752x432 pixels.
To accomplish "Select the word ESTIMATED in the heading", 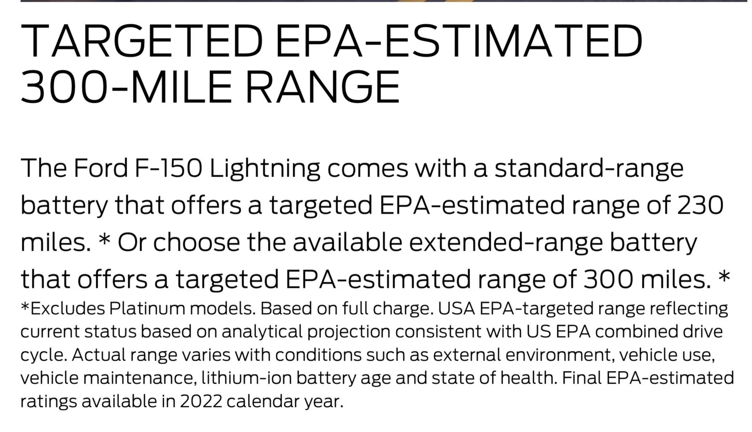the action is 513,41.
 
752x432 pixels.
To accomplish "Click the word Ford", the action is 101,168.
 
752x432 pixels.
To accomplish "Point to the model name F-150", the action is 169,168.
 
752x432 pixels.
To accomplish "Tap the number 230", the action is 701,205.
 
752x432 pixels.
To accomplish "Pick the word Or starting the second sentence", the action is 132,242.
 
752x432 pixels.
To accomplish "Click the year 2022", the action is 201,402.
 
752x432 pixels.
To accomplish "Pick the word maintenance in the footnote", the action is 140,378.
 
